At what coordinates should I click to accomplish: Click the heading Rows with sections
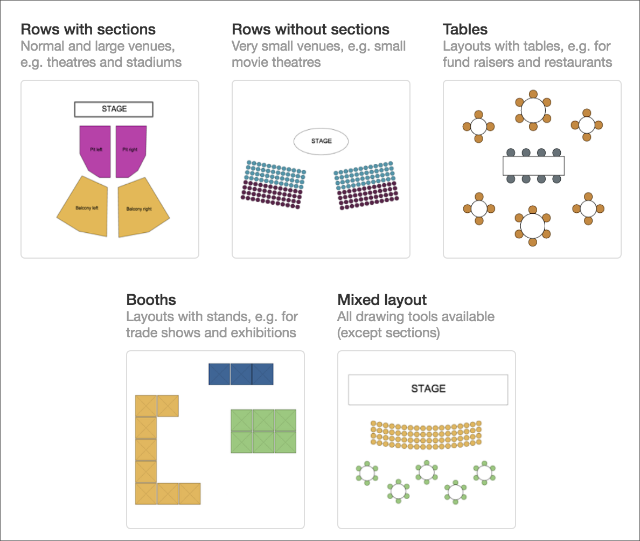(x=88, y=29)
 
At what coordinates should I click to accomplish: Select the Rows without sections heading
(x=310, y=29)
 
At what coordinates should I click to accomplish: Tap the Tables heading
(x=465, y=29)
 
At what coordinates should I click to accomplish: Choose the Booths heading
(x=151, y=300)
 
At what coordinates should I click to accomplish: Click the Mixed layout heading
(x=381, y=300)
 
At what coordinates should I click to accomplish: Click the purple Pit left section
(x=96, y=149)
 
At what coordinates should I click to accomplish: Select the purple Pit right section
(x=130, y=149)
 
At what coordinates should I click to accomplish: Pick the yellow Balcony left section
(x=86, y=207)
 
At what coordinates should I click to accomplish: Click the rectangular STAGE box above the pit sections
(x=114, y=109)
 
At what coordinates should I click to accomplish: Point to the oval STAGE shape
(x=321, y=141)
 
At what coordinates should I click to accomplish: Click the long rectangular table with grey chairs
(x=533, y=165)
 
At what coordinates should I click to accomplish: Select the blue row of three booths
(x=241, y=374)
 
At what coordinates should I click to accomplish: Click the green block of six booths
(x=263, y=431)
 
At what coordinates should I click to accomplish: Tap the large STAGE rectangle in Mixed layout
(x=428, y=389)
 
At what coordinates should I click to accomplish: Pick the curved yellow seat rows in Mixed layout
(x=426, y=433)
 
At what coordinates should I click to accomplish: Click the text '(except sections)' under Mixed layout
(x=388, y=332)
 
